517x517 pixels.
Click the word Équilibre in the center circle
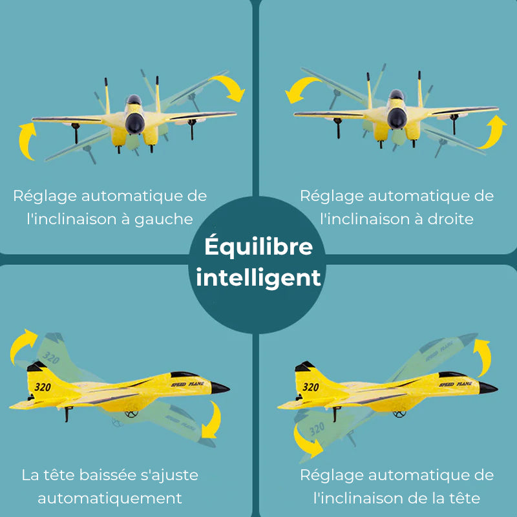pyautogui.click(x=258, y=247)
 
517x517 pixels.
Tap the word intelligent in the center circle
pyautogui.click(x=258, y=277)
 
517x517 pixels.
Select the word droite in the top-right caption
pyautogui.click(x=450, y=219)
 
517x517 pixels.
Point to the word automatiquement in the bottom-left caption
pyautogui.click(x=110, y=498)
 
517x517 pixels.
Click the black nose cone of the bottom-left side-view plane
pyautogui.click(x=220, y=387)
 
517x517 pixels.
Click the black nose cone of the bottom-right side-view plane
pyautogui.click(x=488, y=387)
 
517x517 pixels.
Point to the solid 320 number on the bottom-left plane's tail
pyautogui.click(x=43, y=386)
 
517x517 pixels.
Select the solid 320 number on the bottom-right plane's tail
pyautogui.click(x=311, y=386)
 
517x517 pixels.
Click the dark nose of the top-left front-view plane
pyautogui.click(x=135, y=123)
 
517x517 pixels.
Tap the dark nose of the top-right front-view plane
pyautogui.click(x=397, y=118)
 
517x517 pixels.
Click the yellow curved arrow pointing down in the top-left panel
pyautogui.click(x=231, y=86)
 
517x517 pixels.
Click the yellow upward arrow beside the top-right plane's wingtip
pyautogui.click(x=494, y=132)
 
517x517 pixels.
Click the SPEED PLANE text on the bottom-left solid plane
pyautogui.click(x=187, y=384)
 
